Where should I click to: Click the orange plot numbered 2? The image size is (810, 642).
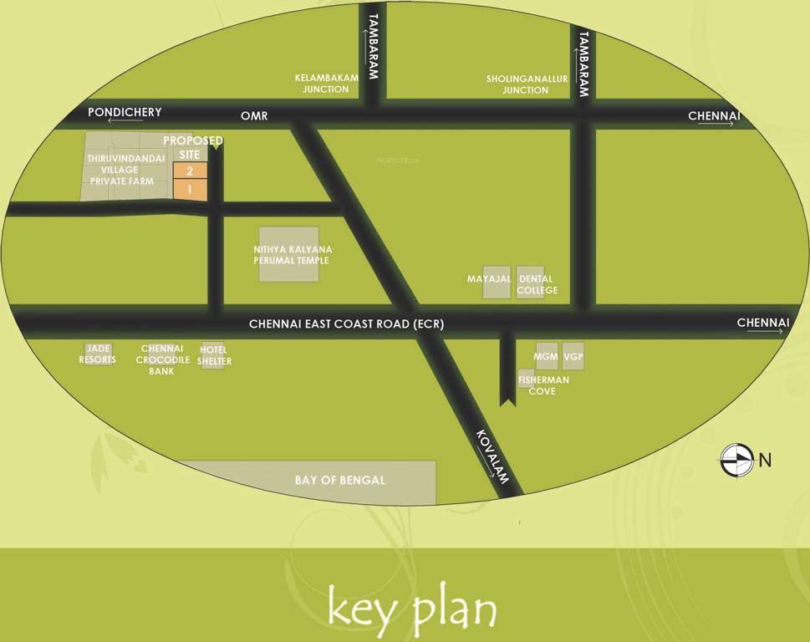[x=190, y=171]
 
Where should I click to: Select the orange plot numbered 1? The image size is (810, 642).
[x=190, y=190]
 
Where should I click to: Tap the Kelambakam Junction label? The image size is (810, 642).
[x=326, y=84]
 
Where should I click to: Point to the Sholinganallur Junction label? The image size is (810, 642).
[x=527, y=84]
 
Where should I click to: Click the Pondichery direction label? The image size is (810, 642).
[x=125, y=113]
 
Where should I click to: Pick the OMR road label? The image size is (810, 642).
[x=254, y=116]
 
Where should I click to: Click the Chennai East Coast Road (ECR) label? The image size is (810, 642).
[x=346, y=324]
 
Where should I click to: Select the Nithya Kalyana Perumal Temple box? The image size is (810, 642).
[x=289, y=254]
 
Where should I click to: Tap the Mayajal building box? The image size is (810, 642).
[x=496, y=283]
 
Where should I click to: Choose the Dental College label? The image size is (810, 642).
[x=536, y=284]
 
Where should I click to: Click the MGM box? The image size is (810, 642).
[x=546, y=357]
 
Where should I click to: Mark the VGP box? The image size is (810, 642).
[x=573, y=357]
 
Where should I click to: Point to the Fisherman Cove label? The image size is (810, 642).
[x=543, y=385]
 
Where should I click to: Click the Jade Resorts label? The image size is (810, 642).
[x=97, y=354]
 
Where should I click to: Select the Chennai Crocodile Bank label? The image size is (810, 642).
[x=161, y=359]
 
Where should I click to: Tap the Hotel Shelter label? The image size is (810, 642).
[x=214, y=355]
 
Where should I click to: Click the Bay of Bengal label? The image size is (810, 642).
[x=340, y=481]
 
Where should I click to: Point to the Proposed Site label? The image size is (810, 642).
[x=192, y=147]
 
